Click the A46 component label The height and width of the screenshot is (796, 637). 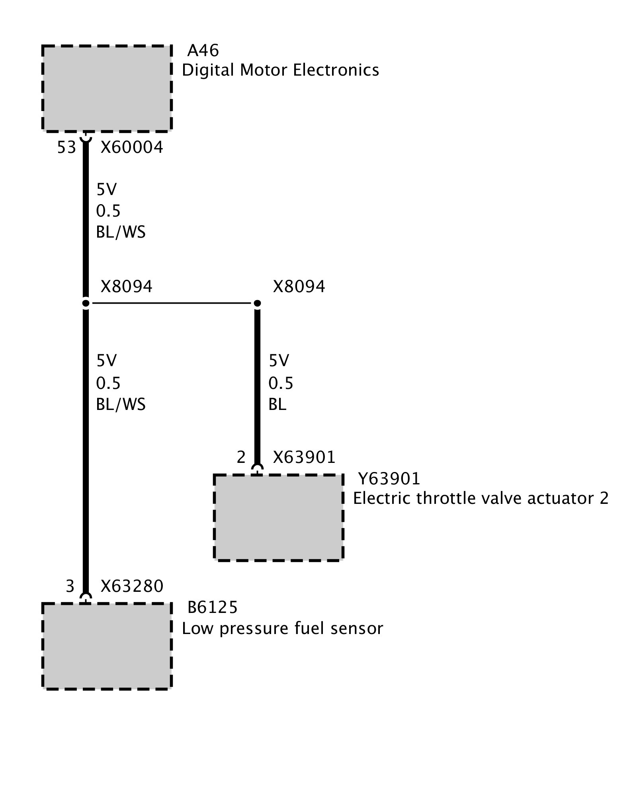(203, 51)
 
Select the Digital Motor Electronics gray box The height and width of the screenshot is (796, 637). (107, 88)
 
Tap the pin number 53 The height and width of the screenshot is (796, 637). (66, 147)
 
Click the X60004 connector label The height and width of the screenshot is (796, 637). (132, 147)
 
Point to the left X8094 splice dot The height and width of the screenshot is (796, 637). (86, 304)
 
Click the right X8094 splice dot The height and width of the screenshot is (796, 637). (257, 304)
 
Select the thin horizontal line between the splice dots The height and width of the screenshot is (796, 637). (171, 303)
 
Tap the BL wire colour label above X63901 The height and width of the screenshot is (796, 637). (277, 404)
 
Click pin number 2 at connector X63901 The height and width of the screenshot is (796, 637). (241, 457)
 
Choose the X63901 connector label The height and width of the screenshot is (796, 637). (304, 457)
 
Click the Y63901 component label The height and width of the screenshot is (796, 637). (389, 478)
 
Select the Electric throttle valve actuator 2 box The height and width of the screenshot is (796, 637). (278, 517)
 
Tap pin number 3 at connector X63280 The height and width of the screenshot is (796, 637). (70, 586)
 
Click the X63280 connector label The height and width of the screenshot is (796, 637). (132, 586)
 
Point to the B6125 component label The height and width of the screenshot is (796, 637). (213, 607)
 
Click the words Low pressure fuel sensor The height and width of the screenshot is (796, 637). (282, 628)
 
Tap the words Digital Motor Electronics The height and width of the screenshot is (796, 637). (280, 70)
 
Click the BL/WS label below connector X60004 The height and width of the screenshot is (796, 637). (121, 232)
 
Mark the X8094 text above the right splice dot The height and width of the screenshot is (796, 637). (299, 287)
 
